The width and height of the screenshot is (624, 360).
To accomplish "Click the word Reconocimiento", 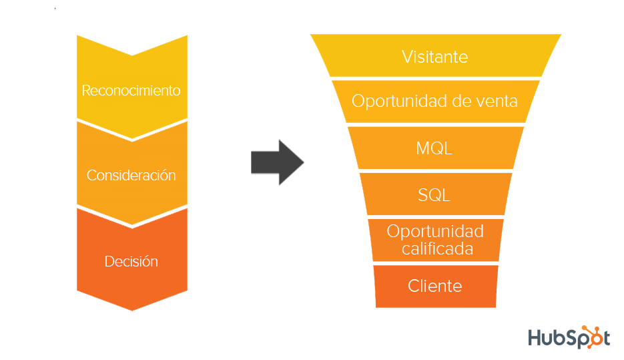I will click(x=131, y=90).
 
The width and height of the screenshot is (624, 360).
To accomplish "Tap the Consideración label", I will click(x=131, y=176).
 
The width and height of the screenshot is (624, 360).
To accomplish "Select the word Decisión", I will click(x=131, y=262).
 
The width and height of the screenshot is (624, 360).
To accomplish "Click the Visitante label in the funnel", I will click(x=434, y=57).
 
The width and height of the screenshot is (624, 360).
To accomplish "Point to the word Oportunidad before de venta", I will click(x=394, y=102).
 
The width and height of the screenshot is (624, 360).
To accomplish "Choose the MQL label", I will click(x=434, y=148).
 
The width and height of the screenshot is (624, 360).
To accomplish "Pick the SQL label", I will click(x=434, y=195).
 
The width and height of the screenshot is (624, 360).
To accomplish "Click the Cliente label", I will click(x=434, y=286).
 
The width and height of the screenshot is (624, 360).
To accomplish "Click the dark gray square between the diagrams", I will click(x=277, y=162).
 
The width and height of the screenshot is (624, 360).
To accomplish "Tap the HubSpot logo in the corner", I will click(x=569, y=337).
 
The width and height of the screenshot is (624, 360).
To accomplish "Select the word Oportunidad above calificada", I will click(x=434, y=232).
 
